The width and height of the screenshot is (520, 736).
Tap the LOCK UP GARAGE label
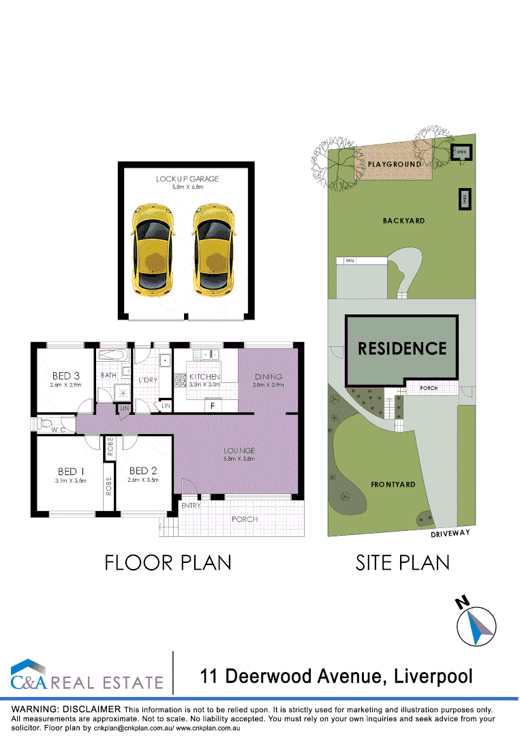tap(187, 179)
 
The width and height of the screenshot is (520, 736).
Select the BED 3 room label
tap(65, 375)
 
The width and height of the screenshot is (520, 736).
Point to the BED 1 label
tap(71, 471)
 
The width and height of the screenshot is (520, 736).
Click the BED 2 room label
tap(143, 471)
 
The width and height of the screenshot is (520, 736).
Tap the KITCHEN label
tap(204, 377)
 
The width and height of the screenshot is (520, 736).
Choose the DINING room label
tap(269, 377)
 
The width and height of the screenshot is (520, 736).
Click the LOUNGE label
tap(239, 450)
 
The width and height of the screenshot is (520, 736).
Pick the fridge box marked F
tap(213, 406)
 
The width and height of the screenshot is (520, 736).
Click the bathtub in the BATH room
tap(112, 356)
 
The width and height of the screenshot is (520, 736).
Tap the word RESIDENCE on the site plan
tap(402, 348)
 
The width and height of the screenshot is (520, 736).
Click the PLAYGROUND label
tap(395, 165)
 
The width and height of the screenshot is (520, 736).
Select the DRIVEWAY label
tap(450, 534)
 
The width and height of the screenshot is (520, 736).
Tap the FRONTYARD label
tap(393, 485)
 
